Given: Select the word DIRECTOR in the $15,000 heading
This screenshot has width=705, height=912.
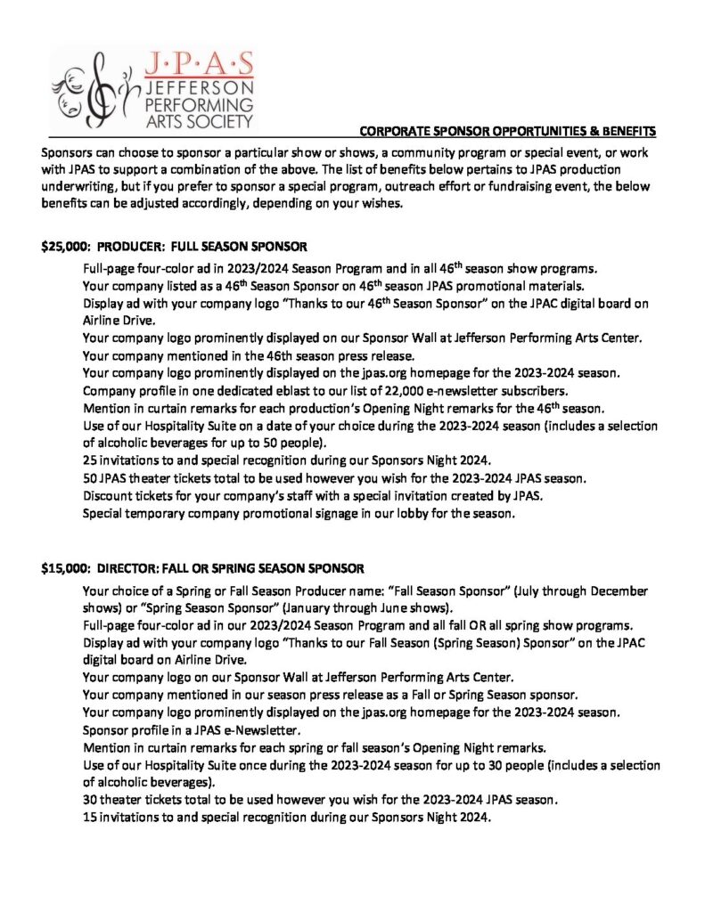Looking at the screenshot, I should click(129, 568).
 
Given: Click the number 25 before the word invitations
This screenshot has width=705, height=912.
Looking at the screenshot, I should click(90, 460).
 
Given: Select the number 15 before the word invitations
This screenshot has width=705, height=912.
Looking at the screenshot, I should click(90, 817).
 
